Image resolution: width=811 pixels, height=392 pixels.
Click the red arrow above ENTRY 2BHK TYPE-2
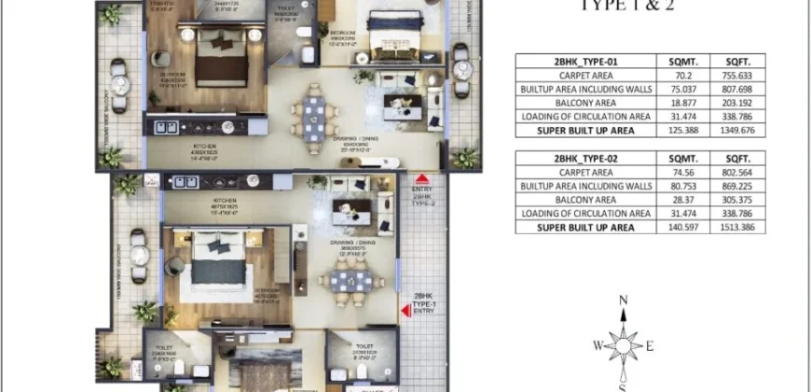point(421,176)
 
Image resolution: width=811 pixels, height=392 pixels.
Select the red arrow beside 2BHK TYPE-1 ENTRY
point(405,315)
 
